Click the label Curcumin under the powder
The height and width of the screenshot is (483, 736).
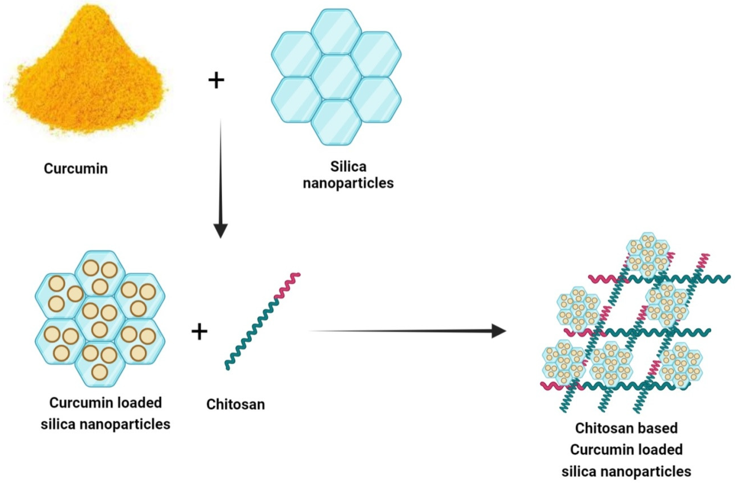[76, 169]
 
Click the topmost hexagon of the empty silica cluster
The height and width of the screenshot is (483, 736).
[336, 31]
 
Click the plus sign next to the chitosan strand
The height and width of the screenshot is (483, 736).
[199, 332]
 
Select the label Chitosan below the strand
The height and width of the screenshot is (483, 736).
[236, 404]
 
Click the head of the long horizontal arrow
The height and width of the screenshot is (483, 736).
[498, 331]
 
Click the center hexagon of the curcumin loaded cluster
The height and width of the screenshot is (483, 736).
[100, 319]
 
